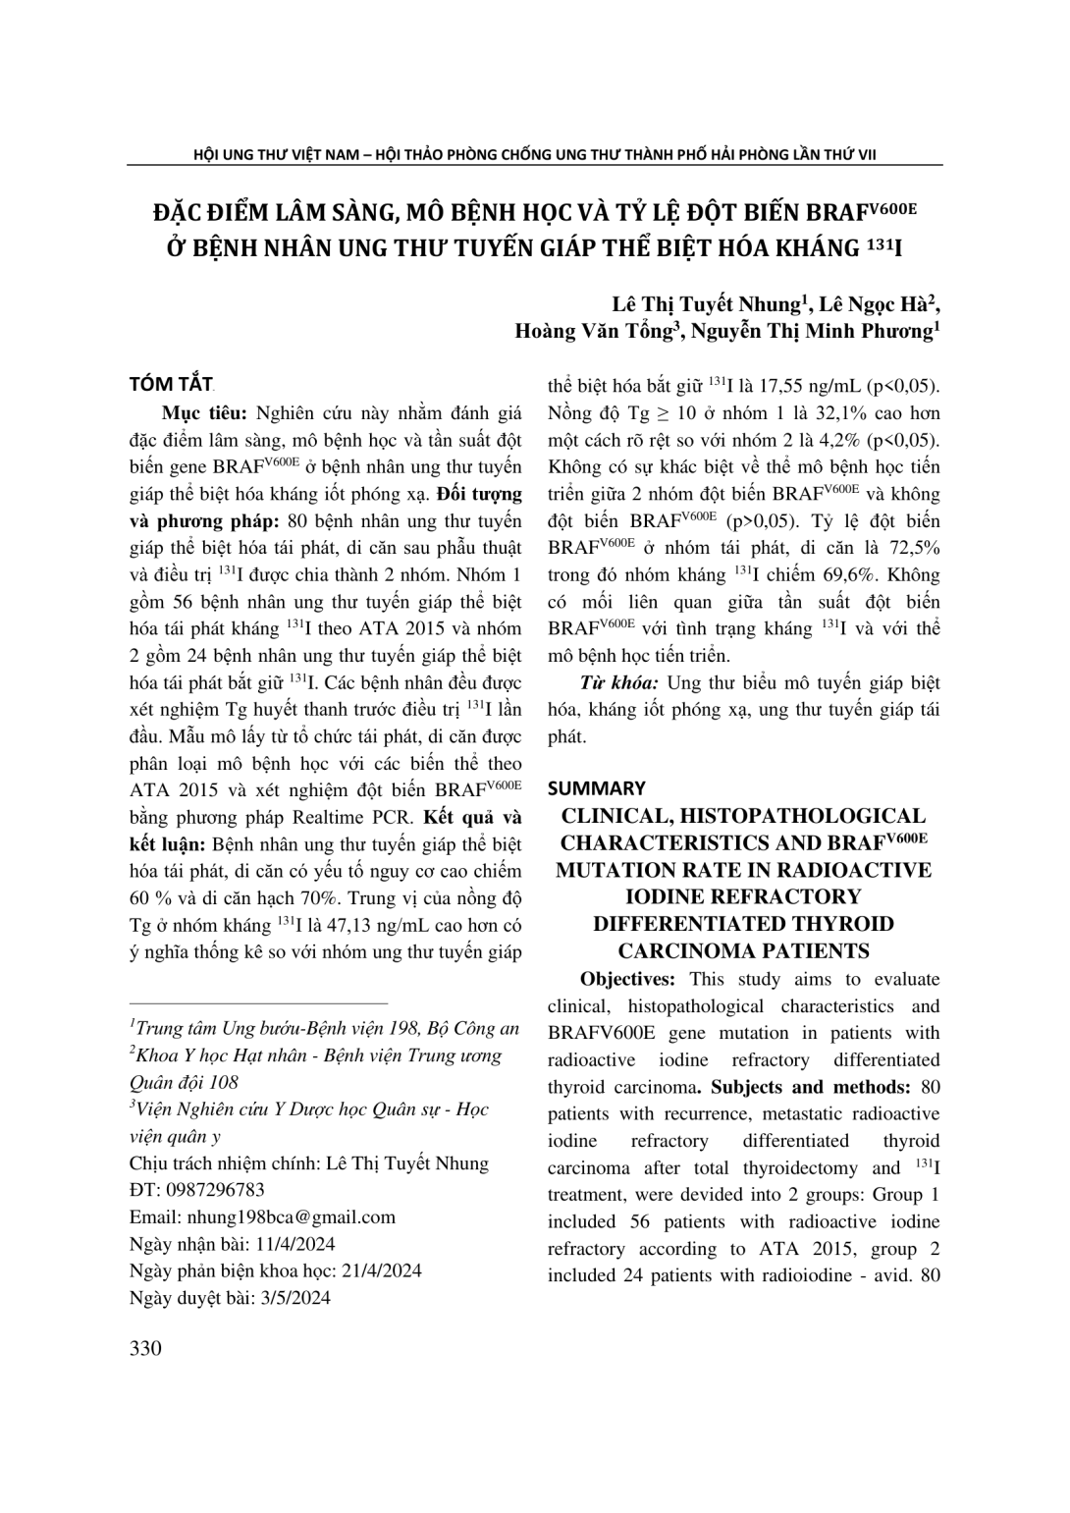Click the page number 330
(145, 1348)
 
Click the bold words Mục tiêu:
(200, 412)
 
